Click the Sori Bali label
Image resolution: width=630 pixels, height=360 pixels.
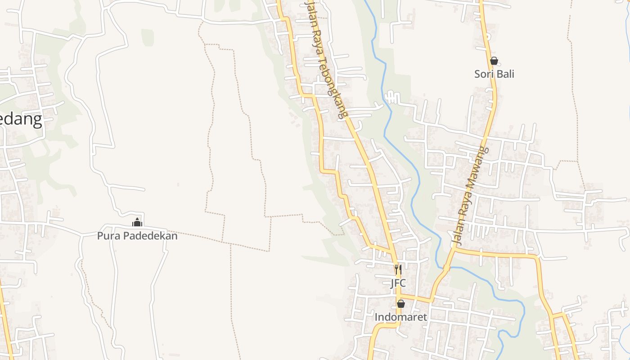494,74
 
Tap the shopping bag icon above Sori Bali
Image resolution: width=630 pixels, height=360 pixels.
494,61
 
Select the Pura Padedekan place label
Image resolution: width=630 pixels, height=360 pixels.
137,235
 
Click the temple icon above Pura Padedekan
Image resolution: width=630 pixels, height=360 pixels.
137,222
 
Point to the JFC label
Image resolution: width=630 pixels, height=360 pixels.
398,283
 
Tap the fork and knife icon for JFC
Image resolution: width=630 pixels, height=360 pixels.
398,270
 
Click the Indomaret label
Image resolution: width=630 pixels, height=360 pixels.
400,317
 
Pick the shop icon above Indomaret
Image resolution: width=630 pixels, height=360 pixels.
400,304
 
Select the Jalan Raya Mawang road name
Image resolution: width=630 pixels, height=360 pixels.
470,196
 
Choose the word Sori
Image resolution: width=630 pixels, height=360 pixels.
484,74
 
